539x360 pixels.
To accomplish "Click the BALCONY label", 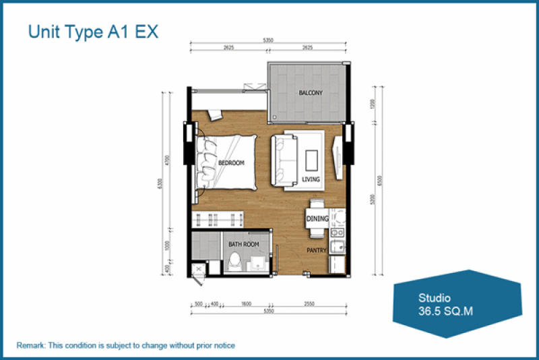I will (x=311, y=92).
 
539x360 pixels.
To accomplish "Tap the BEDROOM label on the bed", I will (x=231, y=163).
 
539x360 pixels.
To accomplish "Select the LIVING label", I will (x=311, y=179).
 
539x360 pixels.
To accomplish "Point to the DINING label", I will (x=317, y=218).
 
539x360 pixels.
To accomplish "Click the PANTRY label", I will (x=317, y=251).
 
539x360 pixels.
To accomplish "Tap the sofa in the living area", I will (x=283, y=160).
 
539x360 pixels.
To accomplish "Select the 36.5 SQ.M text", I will (x=443, y=311).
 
